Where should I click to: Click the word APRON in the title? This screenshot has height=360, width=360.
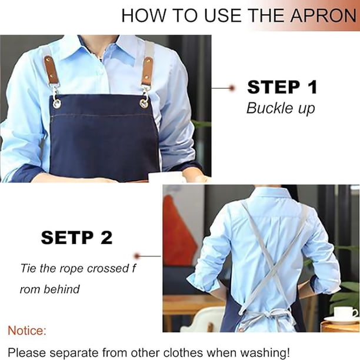[324, 16]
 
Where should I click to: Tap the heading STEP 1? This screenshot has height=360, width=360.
[282, 87]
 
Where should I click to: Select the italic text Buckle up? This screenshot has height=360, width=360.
[281, 108]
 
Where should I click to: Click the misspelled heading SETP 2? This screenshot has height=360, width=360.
[76, 238]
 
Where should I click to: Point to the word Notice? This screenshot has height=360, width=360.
[27, 331]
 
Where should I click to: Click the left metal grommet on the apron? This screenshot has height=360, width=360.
[56, 104]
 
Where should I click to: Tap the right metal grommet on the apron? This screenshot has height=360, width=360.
[144, 104]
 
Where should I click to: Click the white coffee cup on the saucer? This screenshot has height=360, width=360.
[343, 312]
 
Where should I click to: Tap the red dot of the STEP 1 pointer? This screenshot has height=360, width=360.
[232, 88]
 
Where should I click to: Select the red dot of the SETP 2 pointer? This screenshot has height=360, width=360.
[137, 255]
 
